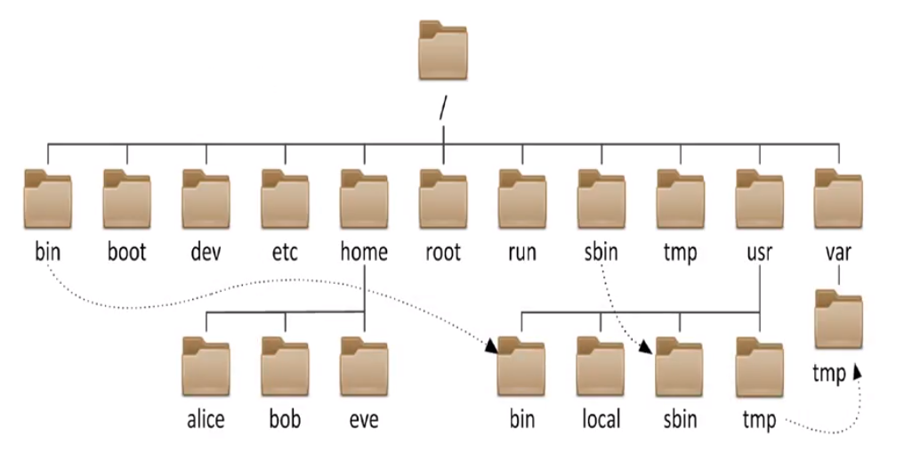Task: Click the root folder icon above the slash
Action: tap(443, 52)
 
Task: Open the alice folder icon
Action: tap(206, 368)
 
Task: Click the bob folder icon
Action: tap(285, 368)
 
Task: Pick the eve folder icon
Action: tap(364, 368)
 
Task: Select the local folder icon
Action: tap(601, 368)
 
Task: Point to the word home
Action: tap(364, 253)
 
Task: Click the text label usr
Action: tap(760, 253)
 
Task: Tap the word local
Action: tap(601, 419)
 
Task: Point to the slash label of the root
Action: tap(442, 109)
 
